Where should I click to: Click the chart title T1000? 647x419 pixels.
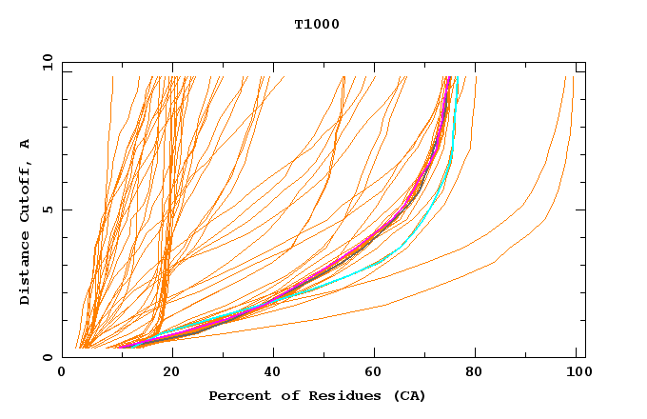coord(317,24)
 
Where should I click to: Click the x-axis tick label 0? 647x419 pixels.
coord(63,372)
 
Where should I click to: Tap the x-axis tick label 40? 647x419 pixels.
coord(273,372)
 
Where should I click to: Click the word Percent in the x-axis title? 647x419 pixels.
coord(236,395)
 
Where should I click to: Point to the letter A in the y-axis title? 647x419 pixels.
coord(25,143)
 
